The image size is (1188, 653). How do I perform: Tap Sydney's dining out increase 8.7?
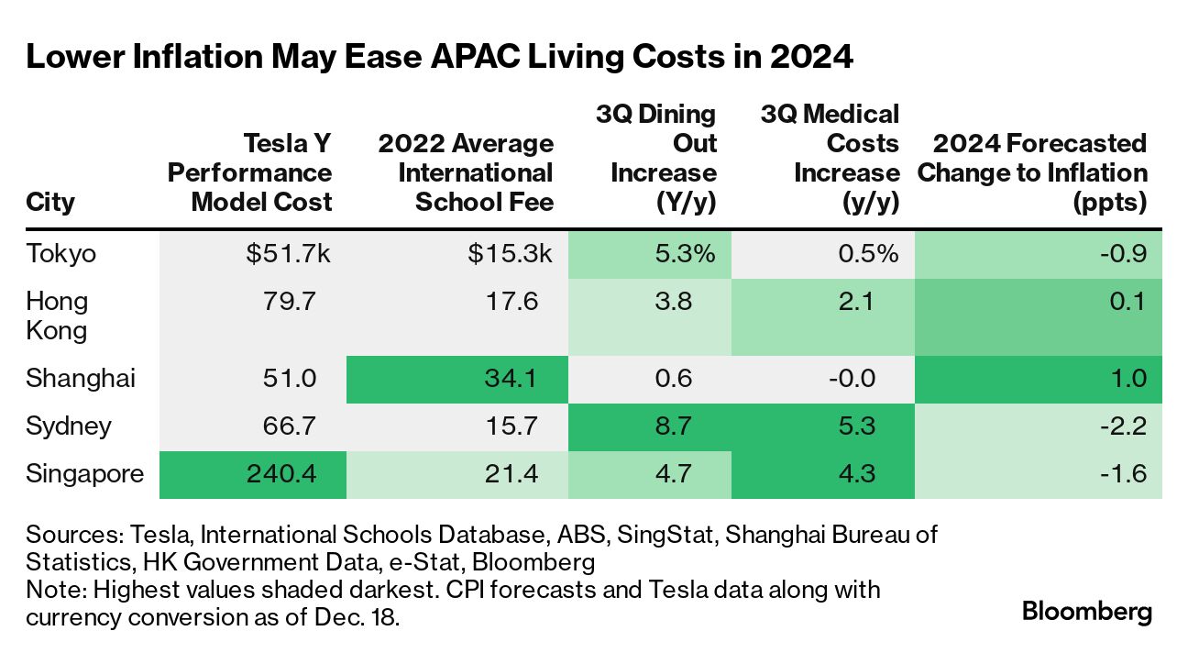pyautogui.click(x=693, y=426)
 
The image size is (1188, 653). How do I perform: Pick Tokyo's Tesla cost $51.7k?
pyautogui.click(x=287, y=253)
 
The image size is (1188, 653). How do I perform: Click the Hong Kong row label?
pyautogui.click(x=57, y=315)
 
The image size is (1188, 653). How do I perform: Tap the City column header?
pyautogui.click(x=50, y=202)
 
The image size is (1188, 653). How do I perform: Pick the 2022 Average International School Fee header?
pyautogui.click(x=466, y=172)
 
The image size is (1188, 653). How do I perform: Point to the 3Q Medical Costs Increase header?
pyautogui.click(x=830, y=158)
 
